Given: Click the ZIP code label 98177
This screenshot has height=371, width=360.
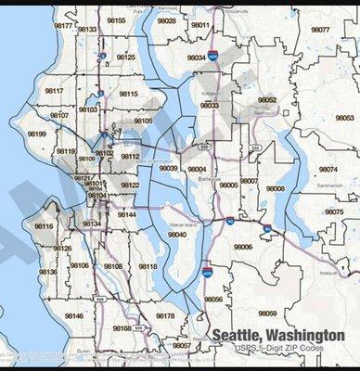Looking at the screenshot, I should click(63, 26).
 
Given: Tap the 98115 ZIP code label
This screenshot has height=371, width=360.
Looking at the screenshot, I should click(128, 94).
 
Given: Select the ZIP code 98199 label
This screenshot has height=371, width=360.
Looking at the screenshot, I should click(38, 134).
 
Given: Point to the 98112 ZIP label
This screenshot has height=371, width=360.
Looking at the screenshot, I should click(130, 157).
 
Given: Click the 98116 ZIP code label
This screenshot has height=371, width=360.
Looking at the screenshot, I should click(44, 225).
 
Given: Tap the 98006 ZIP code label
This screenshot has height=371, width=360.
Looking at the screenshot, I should click(243, 247).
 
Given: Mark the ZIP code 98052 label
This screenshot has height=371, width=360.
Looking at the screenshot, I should click(267, 99).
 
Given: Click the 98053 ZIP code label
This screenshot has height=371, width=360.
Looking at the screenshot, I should click(344, 118).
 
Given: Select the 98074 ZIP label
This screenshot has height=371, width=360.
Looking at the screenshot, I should click(328, 170).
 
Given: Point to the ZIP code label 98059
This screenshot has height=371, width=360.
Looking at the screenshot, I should click(267, 313).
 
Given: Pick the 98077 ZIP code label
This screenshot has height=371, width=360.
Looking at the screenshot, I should click(320, 30).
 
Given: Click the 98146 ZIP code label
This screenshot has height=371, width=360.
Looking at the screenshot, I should click(73, 316).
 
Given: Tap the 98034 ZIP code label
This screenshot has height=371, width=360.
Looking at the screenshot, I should click(197, 58).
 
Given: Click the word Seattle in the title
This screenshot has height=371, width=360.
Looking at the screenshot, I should click(239, 336).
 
